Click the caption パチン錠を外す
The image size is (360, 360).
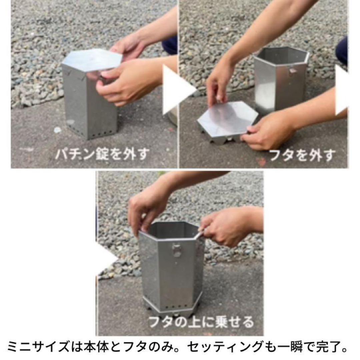[x=102, y=154]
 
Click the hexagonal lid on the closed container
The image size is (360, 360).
[x=92, y=59]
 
